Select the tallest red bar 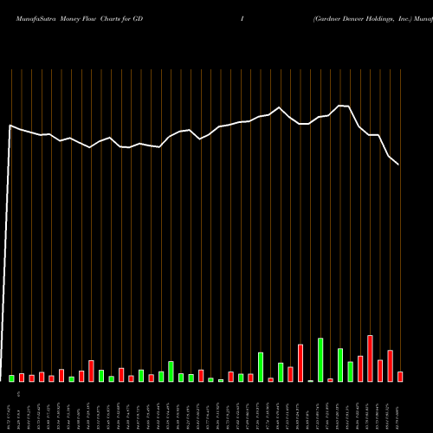pos(370,359)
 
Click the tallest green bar pos(320,360)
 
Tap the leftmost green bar pos(12,378)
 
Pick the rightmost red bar pos(400,377)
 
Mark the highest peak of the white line pos(340,106)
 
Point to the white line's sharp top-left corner pos(10,126)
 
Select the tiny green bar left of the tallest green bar pos(310,380)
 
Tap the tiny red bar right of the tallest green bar pos(330,379)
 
